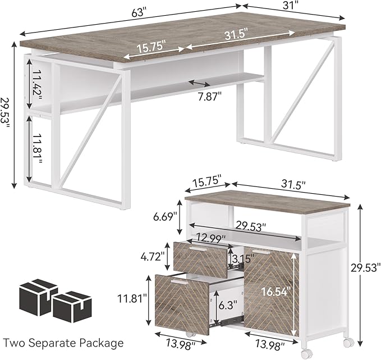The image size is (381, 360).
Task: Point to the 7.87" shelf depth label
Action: click(209, 95)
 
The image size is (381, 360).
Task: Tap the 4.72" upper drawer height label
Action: click(153, 256)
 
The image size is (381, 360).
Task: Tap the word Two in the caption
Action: click(16, 342)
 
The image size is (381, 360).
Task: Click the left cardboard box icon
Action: click(38, 296)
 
